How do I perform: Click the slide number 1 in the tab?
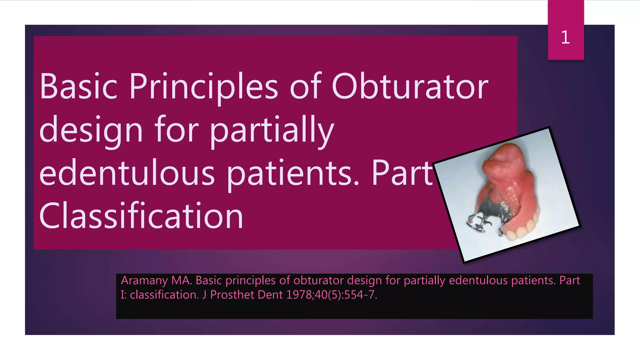[565, 37]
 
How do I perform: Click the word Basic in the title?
[78, 87]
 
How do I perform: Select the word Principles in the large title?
[203, 87]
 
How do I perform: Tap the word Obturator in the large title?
[410, 87]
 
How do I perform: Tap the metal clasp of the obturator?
[478, 222]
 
